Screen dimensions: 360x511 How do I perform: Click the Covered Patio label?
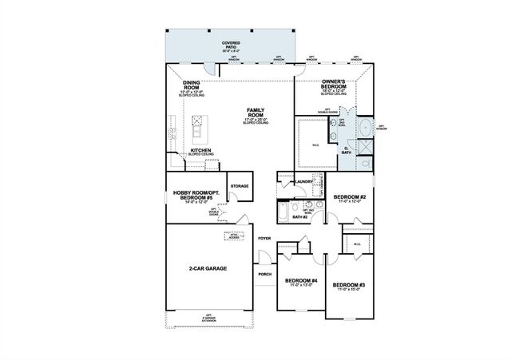point(231,44)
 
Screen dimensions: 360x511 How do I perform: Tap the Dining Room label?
point(191,85)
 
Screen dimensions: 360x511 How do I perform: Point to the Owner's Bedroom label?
point(333,85)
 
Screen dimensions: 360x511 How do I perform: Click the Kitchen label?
point(200,150)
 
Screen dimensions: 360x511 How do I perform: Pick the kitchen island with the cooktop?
point(195,124)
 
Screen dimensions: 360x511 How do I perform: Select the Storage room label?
point(239,186)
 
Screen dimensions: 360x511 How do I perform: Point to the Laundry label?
point(303,182)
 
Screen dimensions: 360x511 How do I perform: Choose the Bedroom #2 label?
point(349,198)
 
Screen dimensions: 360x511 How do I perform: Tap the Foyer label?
point(264,238)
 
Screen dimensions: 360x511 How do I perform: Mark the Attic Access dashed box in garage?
point(234,236)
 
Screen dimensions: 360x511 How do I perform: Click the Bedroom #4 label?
point(302,282)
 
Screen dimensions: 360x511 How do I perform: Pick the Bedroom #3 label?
point(349,287)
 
